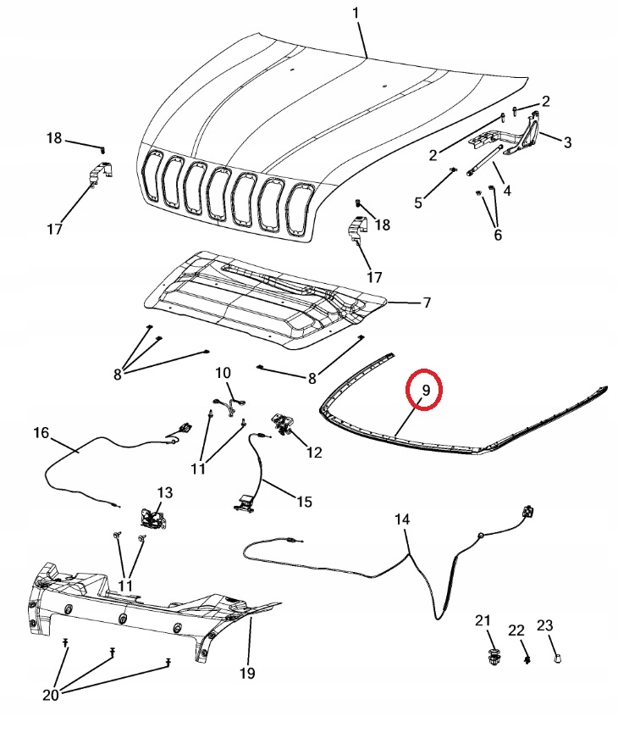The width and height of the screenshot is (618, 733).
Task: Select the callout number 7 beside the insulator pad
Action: [x=427, y=303]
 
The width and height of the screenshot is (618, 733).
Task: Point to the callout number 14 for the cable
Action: [x=402, y=519]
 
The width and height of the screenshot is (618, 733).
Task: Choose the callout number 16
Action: [x=41, y=433]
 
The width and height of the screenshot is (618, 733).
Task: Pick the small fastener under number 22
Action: [x=525, y=659]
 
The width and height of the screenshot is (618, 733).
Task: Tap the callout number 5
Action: [x=418, y=202]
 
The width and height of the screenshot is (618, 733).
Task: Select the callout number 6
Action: [x=497, y=235]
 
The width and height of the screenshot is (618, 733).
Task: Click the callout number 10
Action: [x=223, y=373]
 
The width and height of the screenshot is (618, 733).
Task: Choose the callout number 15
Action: [x=303, y=501]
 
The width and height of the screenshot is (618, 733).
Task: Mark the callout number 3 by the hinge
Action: [x=566, y=142]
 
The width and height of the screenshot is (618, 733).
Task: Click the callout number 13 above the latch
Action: [x=163, y=492]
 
